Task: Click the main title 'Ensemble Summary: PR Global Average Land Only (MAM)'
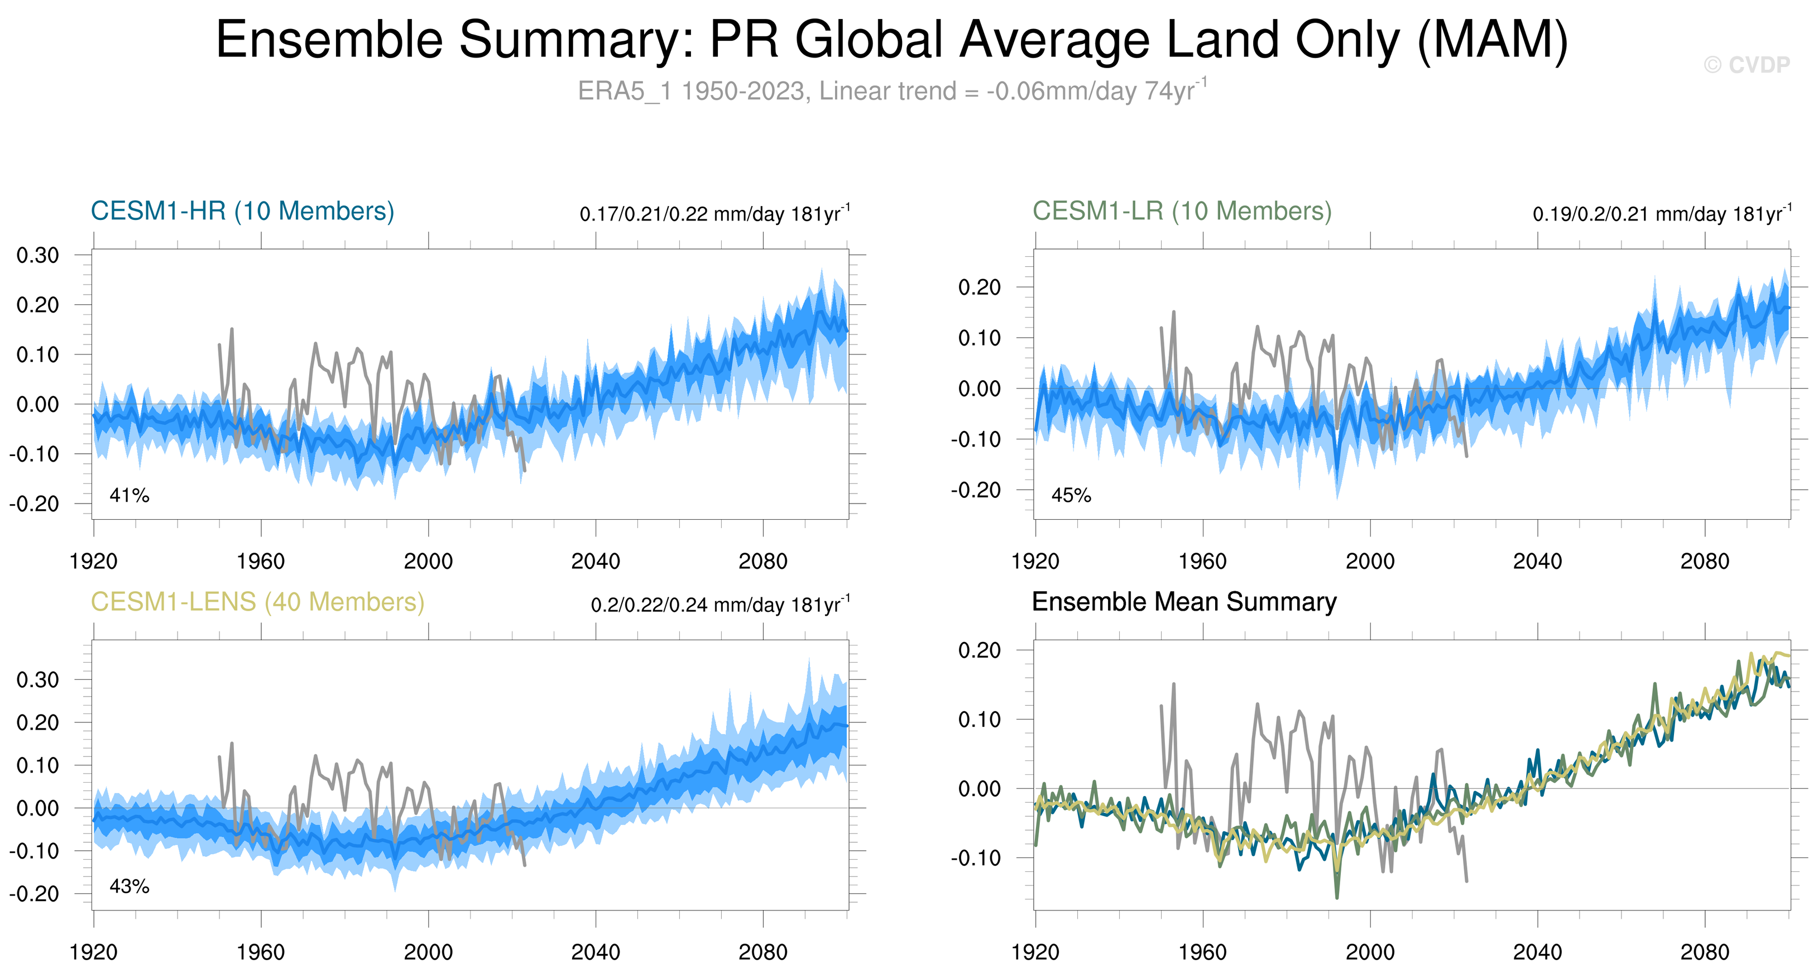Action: (891, 40)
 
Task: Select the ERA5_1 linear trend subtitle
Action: (891, 91)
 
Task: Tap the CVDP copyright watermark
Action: (1747, 65)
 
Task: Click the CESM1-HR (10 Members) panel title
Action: (242, 211)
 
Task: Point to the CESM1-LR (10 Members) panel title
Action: (1182, 211)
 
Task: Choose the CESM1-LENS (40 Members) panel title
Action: (257, 602)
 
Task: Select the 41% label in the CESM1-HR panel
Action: (129, 495)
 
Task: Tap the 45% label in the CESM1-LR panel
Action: (1071, 495)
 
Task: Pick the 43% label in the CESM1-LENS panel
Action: (129, 886)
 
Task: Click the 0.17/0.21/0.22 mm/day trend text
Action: (714, 214)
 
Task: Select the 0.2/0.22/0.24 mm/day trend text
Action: (720, 605)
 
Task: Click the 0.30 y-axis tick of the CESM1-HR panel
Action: (38, 256)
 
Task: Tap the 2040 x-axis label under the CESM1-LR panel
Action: (1537, 562)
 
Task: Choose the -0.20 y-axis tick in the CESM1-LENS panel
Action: (34, 894)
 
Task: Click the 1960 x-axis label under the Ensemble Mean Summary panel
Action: (1202, 952)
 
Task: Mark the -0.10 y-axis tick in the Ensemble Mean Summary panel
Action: (975, 858)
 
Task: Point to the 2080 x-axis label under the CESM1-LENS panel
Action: (762, 952)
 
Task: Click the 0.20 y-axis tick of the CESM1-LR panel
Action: (980, 287)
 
